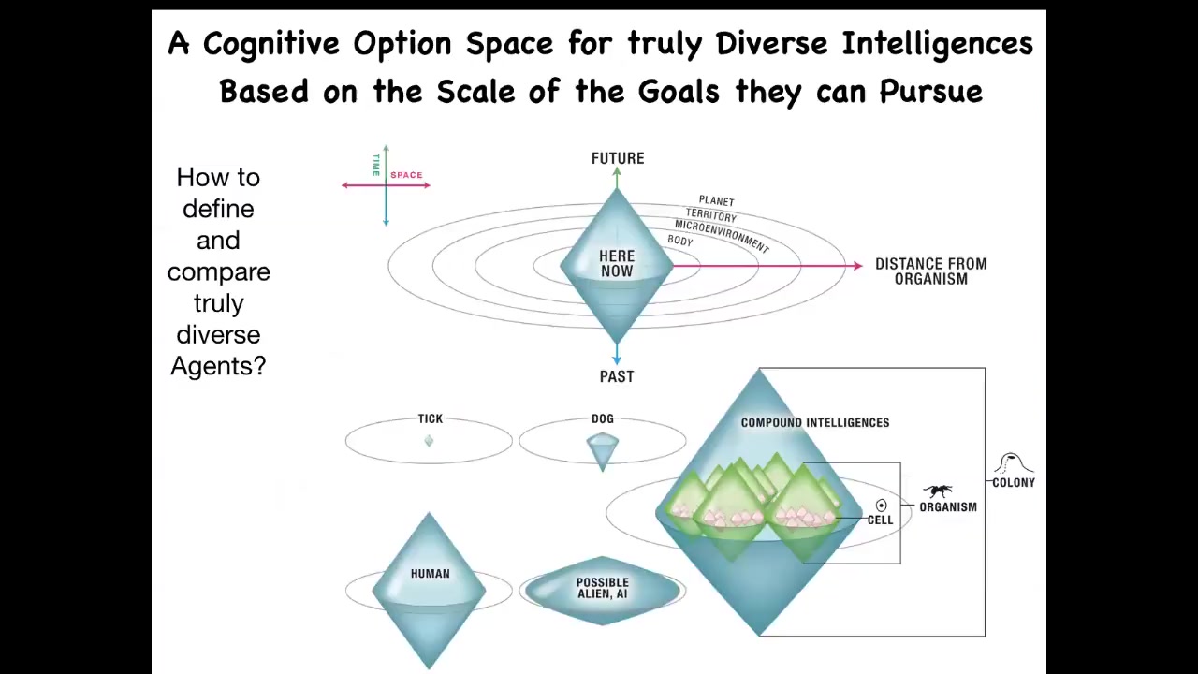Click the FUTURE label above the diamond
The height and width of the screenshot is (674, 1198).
[618, 158]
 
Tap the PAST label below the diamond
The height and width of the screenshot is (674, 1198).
[617, 376]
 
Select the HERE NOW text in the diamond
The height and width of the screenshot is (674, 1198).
[617, 263]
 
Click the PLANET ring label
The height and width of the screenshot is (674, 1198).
[717, 201]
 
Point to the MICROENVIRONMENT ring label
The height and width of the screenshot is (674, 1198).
[721, 236]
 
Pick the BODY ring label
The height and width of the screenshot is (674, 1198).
[680, 241]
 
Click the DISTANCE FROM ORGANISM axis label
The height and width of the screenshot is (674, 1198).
[931, 271]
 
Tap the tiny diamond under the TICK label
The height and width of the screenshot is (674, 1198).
[429, 441]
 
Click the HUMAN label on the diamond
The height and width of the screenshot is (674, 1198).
[430, 574]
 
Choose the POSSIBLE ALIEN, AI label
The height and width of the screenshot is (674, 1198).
[602, 588]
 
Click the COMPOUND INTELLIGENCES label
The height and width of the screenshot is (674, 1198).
[815, 422]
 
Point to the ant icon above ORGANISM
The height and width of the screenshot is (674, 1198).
[938, 491]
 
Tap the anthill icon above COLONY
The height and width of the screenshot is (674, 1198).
[1014, 463]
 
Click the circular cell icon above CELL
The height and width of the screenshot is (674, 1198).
[881, 505]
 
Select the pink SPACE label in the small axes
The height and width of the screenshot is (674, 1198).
[406, 175]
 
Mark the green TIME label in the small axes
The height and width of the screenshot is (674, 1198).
[376, 165]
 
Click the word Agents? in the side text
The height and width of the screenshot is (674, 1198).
[218, 366]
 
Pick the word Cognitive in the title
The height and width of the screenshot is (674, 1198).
[271, 44]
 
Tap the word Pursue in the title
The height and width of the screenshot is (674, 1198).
[931, 92]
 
